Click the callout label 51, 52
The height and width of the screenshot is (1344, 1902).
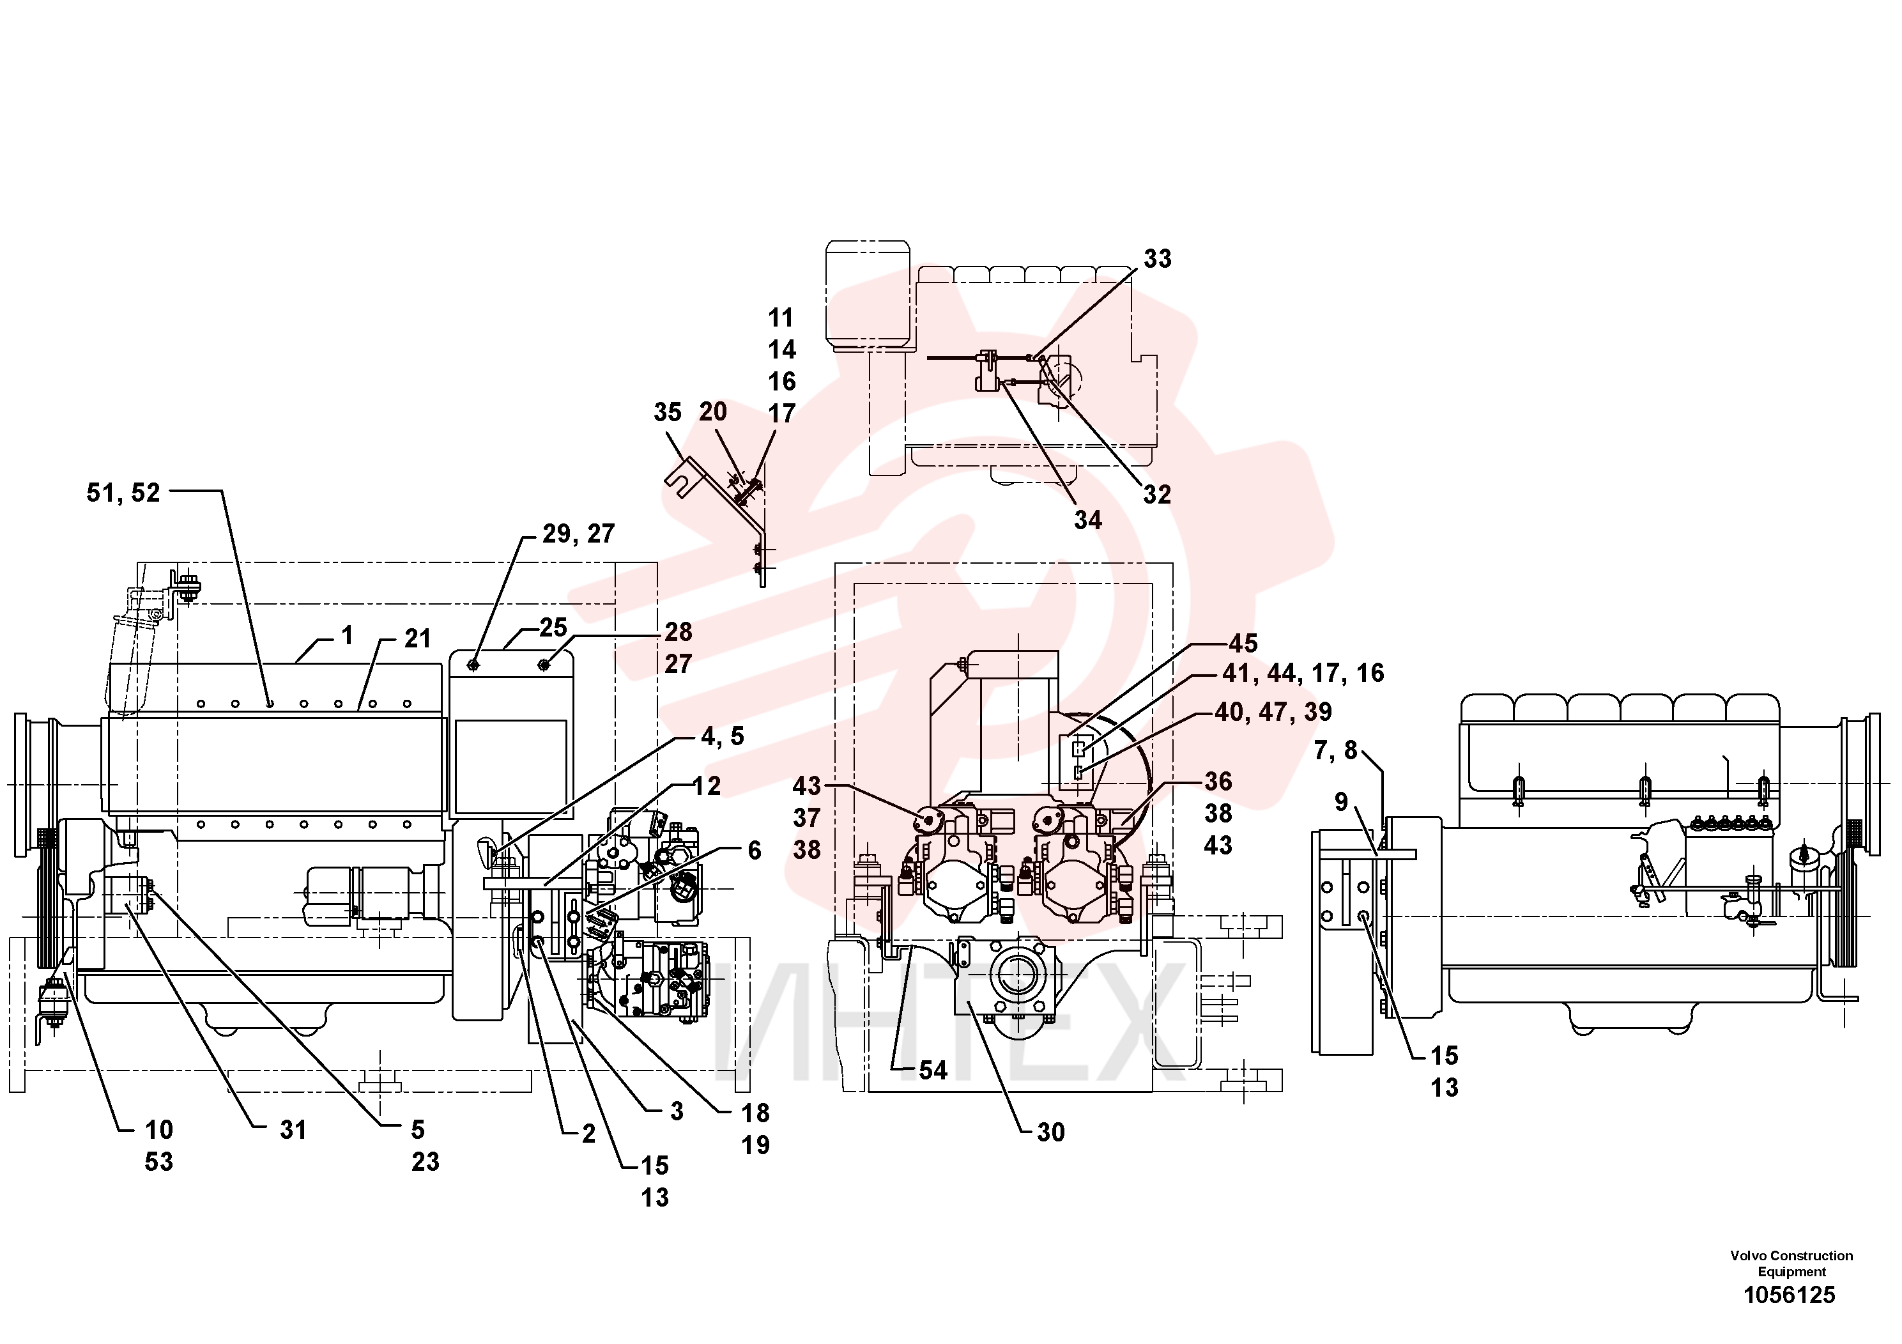123,493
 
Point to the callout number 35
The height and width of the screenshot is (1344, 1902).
668,413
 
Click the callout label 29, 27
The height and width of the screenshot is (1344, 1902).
579,534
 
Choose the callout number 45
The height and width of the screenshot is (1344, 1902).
1243,644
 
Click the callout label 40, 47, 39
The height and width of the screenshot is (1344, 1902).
1273,712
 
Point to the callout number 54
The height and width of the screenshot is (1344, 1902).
933,1070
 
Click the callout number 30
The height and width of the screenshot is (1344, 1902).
1051,1132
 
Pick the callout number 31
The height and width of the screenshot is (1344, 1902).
293,1130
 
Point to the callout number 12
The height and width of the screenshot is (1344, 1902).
707,786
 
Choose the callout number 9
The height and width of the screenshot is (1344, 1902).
1341,802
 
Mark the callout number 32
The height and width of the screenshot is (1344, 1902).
1157,495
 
